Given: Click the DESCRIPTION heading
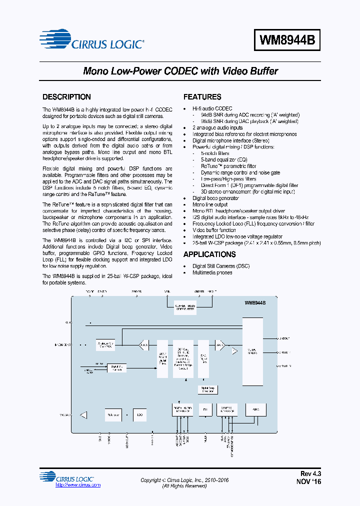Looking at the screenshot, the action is pyautogui.click(x=66, y=97).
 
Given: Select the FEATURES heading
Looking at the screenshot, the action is pyautogui.click(x=202, y=97).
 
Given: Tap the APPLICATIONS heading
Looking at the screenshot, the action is pyautogui.click(x=209, y=254).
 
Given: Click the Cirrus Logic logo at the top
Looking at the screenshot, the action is pyautogui.click(x=93, y=43).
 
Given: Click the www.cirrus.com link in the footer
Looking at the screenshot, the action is pyautogui.click(x=77, y=485).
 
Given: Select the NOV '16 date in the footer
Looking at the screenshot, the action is pyautogui.click(x=309, y=481).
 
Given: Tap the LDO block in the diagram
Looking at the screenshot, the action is pyautogui.click(x=139, y=414).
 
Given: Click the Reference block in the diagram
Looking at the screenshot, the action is pyautogui.click(x=112, y=414).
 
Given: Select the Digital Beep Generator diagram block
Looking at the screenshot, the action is pyautogui.click(x=208, y=389).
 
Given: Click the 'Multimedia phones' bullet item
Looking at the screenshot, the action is pyautogui.click(x=212, y=273).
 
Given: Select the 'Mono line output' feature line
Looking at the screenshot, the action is pyautogui.click(x=210, y=204).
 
